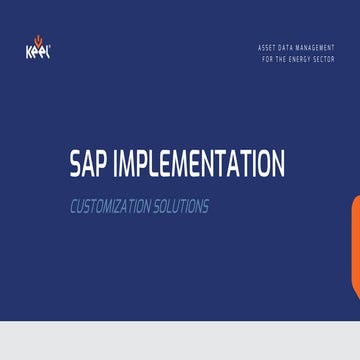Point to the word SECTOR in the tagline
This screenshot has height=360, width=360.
pos(329,58)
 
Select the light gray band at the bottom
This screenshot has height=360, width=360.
pos(180,341)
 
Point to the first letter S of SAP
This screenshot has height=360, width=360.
pos(75,163)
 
